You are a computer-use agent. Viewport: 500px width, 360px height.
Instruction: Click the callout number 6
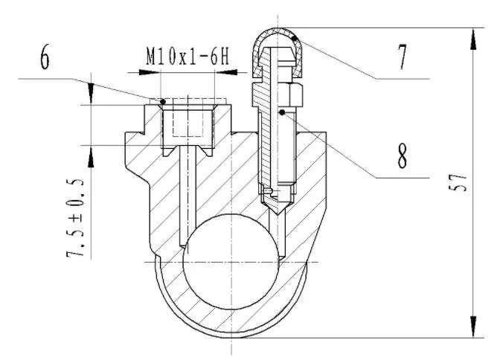click(45, 57)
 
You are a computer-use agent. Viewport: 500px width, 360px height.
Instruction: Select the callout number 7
click(403, 57)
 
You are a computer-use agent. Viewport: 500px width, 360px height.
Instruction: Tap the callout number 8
click(403, 156)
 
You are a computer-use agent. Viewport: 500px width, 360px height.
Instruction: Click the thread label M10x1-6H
click(187, 57)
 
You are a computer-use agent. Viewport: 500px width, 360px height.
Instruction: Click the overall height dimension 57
click(458, 182)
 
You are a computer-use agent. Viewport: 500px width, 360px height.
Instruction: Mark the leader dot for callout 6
click(163, 102)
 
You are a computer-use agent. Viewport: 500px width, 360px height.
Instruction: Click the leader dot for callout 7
click(295, 39)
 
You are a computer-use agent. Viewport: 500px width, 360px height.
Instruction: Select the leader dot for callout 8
click(282, 112)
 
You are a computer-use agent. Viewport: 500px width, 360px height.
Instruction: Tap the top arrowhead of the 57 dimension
click(474, 39)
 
